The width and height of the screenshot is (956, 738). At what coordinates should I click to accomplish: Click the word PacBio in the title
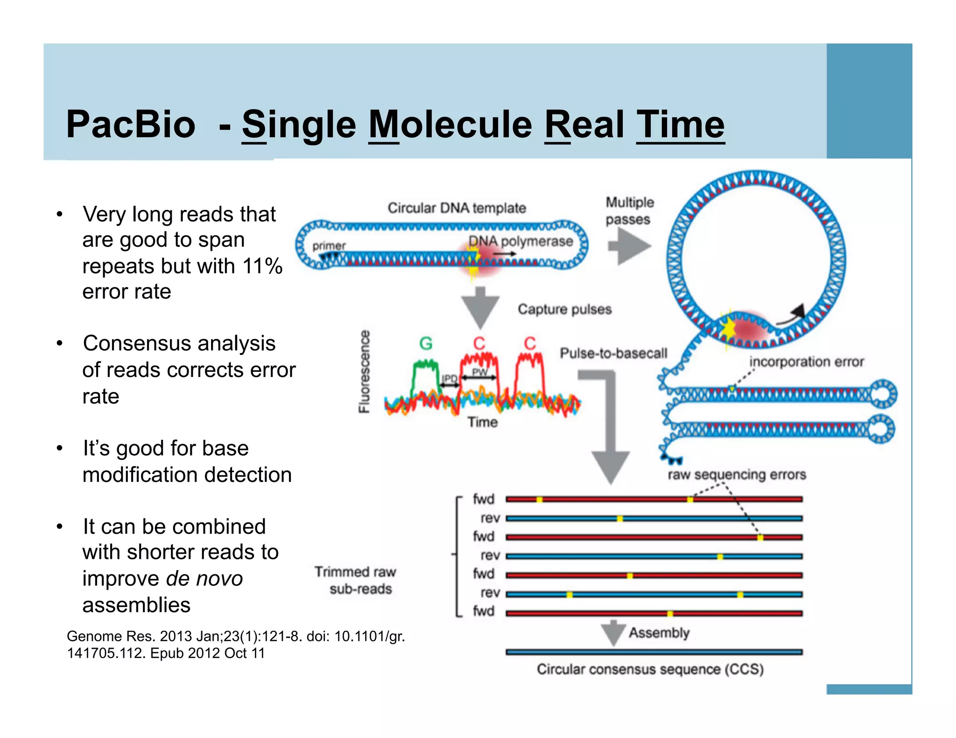coord(131,125)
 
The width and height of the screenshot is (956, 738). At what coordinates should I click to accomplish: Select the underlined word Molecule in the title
coord(450,125)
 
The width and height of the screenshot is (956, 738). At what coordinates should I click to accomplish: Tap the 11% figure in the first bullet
coord(262,266)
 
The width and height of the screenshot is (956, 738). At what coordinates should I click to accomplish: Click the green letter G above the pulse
coord(426,344)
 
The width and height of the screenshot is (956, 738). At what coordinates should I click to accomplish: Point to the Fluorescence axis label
coord(365,372)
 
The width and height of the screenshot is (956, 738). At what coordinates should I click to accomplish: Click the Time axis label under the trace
coord(482,422)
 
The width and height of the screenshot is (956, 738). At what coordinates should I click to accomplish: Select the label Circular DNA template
coord(457,208)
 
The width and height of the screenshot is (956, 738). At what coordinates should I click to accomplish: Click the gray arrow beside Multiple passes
coord(630,247)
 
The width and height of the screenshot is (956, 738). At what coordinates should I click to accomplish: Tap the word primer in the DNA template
coord(329,246)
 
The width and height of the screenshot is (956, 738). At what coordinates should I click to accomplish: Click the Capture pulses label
coord(564,309)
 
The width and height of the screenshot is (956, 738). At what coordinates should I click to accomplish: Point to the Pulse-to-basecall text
coord(613,354)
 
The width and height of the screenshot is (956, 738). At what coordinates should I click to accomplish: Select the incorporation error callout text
coord(806,362)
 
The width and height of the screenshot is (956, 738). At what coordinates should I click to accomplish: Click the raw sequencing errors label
coord(737,475)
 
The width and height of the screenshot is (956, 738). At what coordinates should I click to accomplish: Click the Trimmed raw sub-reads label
coord(356,580)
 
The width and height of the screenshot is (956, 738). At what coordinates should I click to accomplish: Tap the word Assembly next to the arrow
coord(659,633)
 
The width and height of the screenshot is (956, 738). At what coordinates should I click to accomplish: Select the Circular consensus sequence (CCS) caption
coord(650,669)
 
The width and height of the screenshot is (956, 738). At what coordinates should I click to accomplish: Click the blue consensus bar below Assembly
coord(654,652)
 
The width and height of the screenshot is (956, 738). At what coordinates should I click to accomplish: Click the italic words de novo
coord(204,579)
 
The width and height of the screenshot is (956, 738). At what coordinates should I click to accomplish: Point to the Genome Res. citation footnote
coord(235,644)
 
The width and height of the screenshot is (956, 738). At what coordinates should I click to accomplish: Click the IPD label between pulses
coord(450,378)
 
